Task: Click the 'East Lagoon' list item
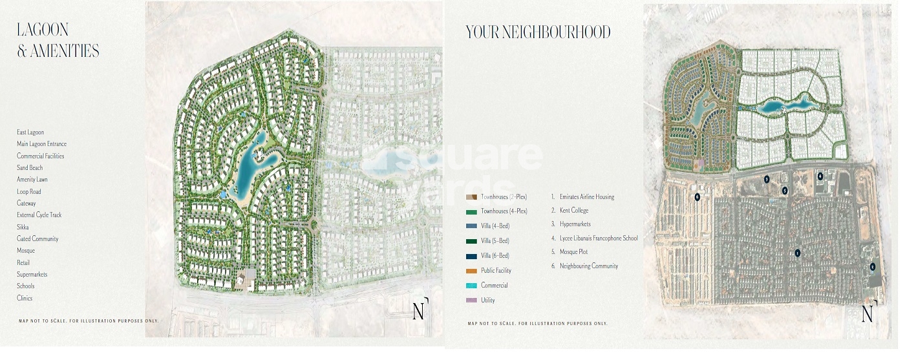(30, 132)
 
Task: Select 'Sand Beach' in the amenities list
(30, 168)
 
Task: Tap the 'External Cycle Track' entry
(39, 215)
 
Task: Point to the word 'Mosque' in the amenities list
(26, 251)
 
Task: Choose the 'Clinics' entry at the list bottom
(25, 299)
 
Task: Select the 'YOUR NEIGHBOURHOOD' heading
(538, 32)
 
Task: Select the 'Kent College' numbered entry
(574, 211)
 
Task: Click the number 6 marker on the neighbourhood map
(697, 196)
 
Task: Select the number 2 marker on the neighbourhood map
(872, 266)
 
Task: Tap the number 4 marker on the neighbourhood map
(820, 176)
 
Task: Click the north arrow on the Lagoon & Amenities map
(420, 311)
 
